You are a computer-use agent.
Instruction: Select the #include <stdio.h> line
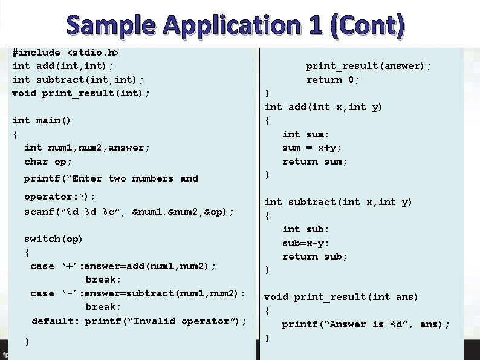70,53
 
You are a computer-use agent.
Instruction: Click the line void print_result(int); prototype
81,93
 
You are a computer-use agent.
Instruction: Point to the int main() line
41,120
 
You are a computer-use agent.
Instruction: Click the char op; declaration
48,162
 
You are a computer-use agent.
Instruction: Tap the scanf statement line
129,212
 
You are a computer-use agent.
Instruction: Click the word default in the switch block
55,321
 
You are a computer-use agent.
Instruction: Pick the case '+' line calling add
123,266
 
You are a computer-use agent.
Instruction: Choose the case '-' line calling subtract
138,293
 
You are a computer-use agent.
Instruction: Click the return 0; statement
332,80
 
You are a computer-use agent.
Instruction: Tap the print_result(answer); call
369,66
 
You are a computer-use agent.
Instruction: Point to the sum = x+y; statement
312,148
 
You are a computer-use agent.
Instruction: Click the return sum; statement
315,162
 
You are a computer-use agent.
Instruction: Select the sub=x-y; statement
306,243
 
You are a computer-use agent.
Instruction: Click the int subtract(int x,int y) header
338,202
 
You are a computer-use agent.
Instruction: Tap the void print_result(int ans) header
341,297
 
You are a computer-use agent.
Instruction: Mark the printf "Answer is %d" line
366,324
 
